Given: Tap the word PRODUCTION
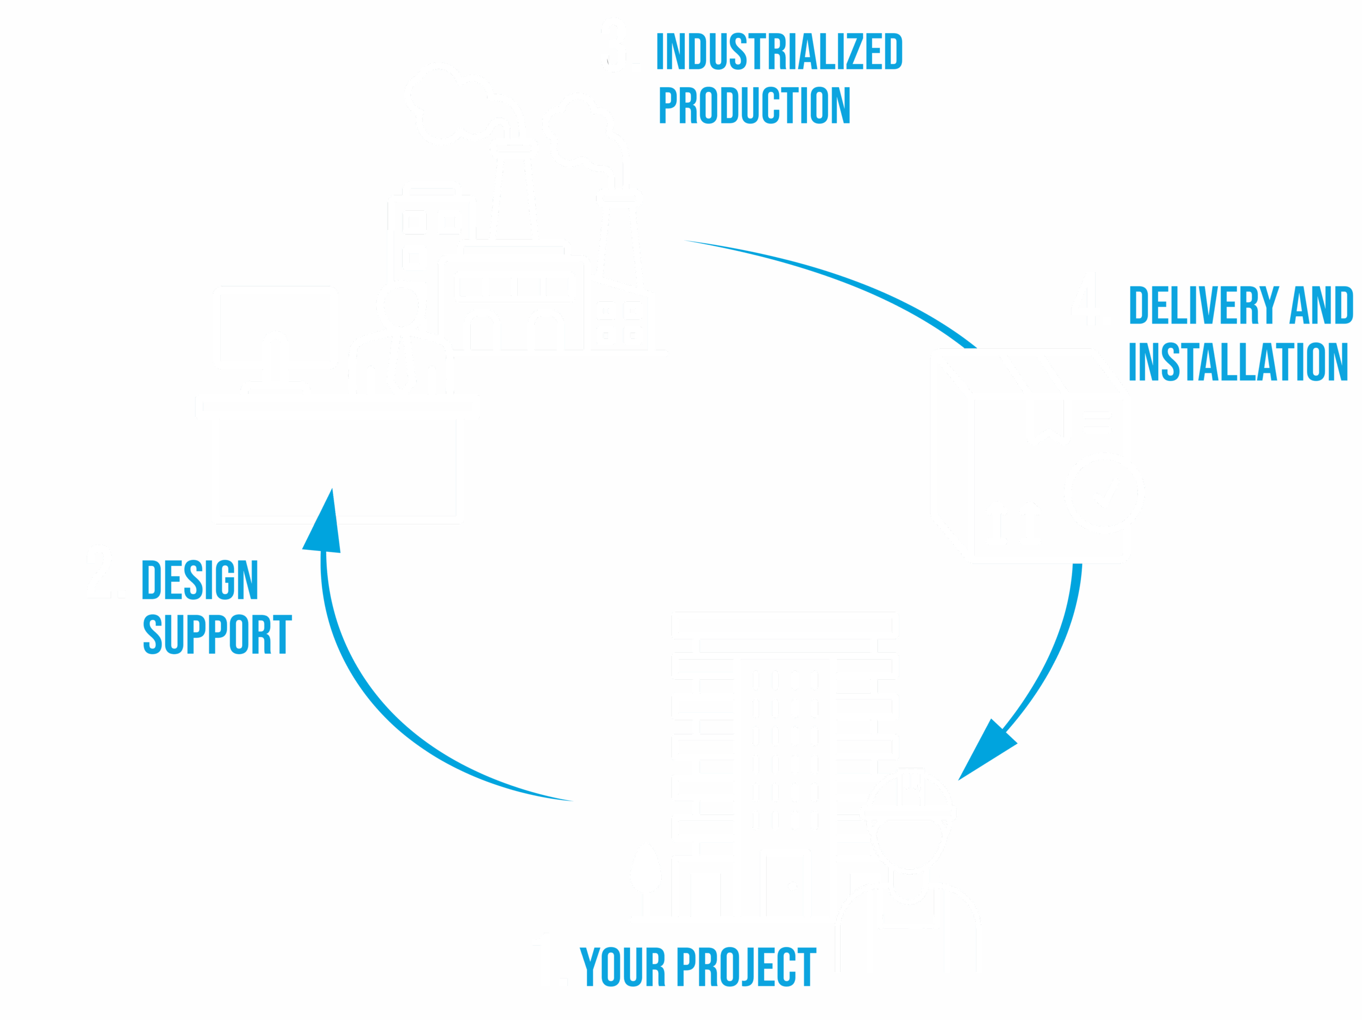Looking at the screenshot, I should coord(755,105).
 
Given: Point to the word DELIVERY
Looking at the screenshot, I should coord(1204,306).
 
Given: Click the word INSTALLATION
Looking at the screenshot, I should coord(1238,362).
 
